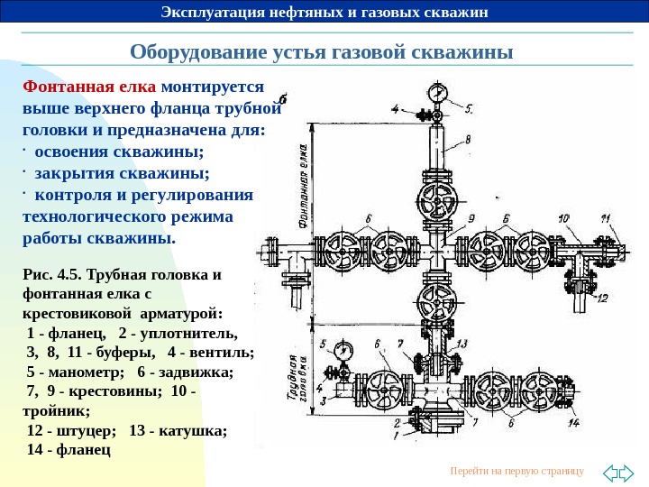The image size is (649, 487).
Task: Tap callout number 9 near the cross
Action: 471,218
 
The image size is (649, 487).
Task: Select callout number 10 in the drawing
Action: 563,218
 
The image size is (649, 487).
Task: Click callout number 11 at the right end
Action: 606,218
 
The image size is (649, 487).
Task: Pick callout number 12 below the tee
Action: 602,298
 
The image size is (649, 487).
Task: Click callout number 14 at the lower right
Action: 573,422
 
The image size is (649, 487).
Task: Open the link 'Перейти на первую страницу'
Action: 516,472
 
